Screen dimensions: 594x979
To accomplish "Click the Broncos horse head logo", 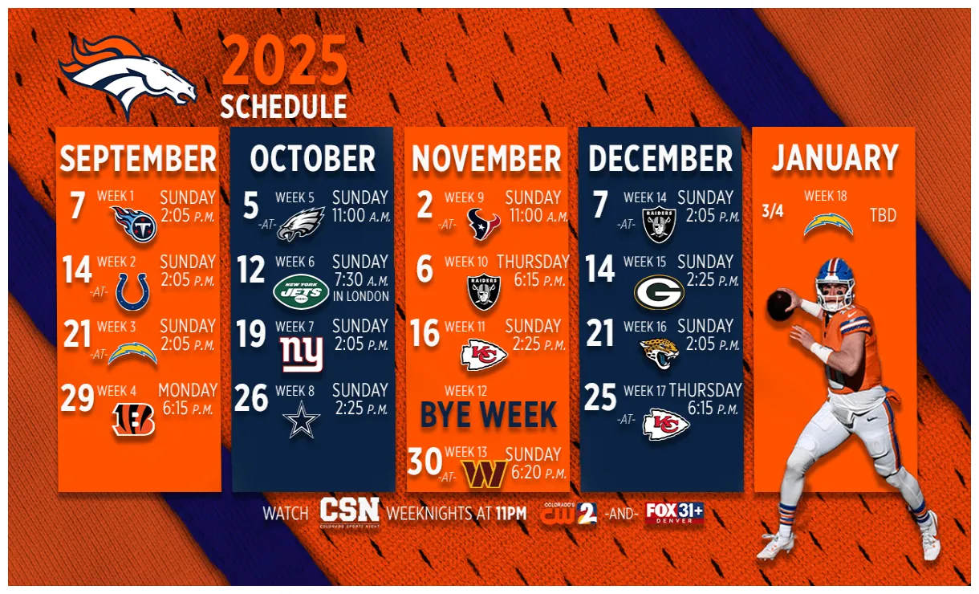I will [x=128, y=76].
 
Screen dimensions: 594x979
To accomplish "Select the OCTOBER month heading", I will [x=313, y=159].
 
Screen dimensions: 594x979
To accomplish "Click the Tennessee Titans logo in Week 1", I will [x=133, y=224].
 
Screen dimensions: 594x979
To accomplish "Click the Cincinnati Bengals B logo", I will [x=133, y=420].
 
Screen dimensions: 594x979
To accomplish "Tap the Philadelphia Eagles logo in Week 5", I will [x=301, y=224].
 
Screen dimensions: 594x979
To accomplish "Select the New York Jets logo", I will [x=301, y=292].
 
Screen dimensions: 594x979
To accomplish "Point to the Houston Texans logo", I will [x=484, y=225].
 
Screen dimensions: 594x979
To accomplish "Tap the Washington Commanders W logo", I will [x=485, y=474].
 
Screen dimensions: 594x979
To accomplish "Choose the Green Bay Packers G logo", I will [x=659, y=292].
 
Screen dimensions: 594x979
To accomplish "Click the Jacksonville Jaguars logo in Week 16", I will [x=660, y=354].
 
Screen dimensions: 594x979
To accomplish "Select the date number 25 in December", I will [x=601, y=397].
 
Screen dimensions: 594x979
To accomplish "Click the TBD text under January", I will [x=883, y=216].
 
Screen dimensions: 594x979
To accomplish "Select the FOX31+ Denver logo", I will [x=674, y=513].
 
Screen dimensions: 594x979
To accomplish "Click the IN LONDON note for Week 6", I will [x=360, y=296].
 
